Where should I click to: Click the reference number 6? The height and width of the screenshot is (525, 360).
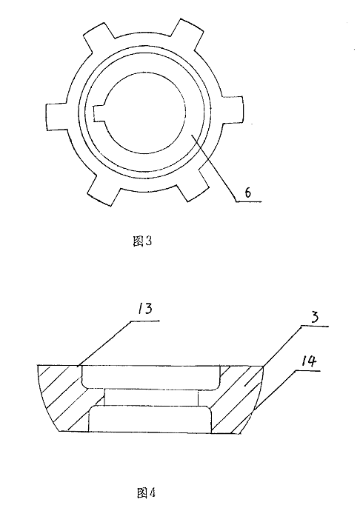(x=247, y=193)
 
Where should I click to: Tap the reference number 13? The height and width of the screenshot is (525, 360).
(x=144, y=309)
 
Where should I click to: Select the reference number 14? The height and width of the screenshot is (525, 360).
(x=308, y=361)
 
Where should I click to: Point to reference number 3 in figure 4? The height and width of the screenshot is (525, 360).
(x=314, y=317)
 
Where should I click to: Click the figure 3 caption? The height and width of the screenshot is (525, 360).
(x=142, y=241)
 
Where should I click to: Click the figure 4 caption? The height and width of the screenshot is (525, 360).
(x=146, y=493)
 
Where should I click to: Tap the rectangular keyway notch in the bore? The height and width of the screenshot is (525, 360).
(x=99, y=113)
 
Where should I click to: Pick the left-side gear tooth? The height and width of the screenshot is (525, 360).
(x=58, y=116)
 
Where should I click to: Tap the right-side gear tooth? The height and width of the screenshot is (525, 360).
(x=232, y=111)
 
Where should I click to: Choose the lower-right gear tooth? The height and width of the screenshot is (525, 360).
(x=194, y=184)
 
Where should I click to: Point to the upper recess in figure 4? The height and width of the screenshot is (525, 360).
(x=150, y=377)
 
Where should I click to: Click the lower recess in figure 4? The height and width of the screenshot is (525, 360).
(x=150, y=418)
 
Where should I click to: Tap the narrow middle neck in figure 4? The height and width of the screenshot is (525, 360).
(x=151, y=398)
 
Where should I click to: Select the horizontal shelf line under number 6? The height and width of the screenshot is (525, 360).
(x=248, y=201)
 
